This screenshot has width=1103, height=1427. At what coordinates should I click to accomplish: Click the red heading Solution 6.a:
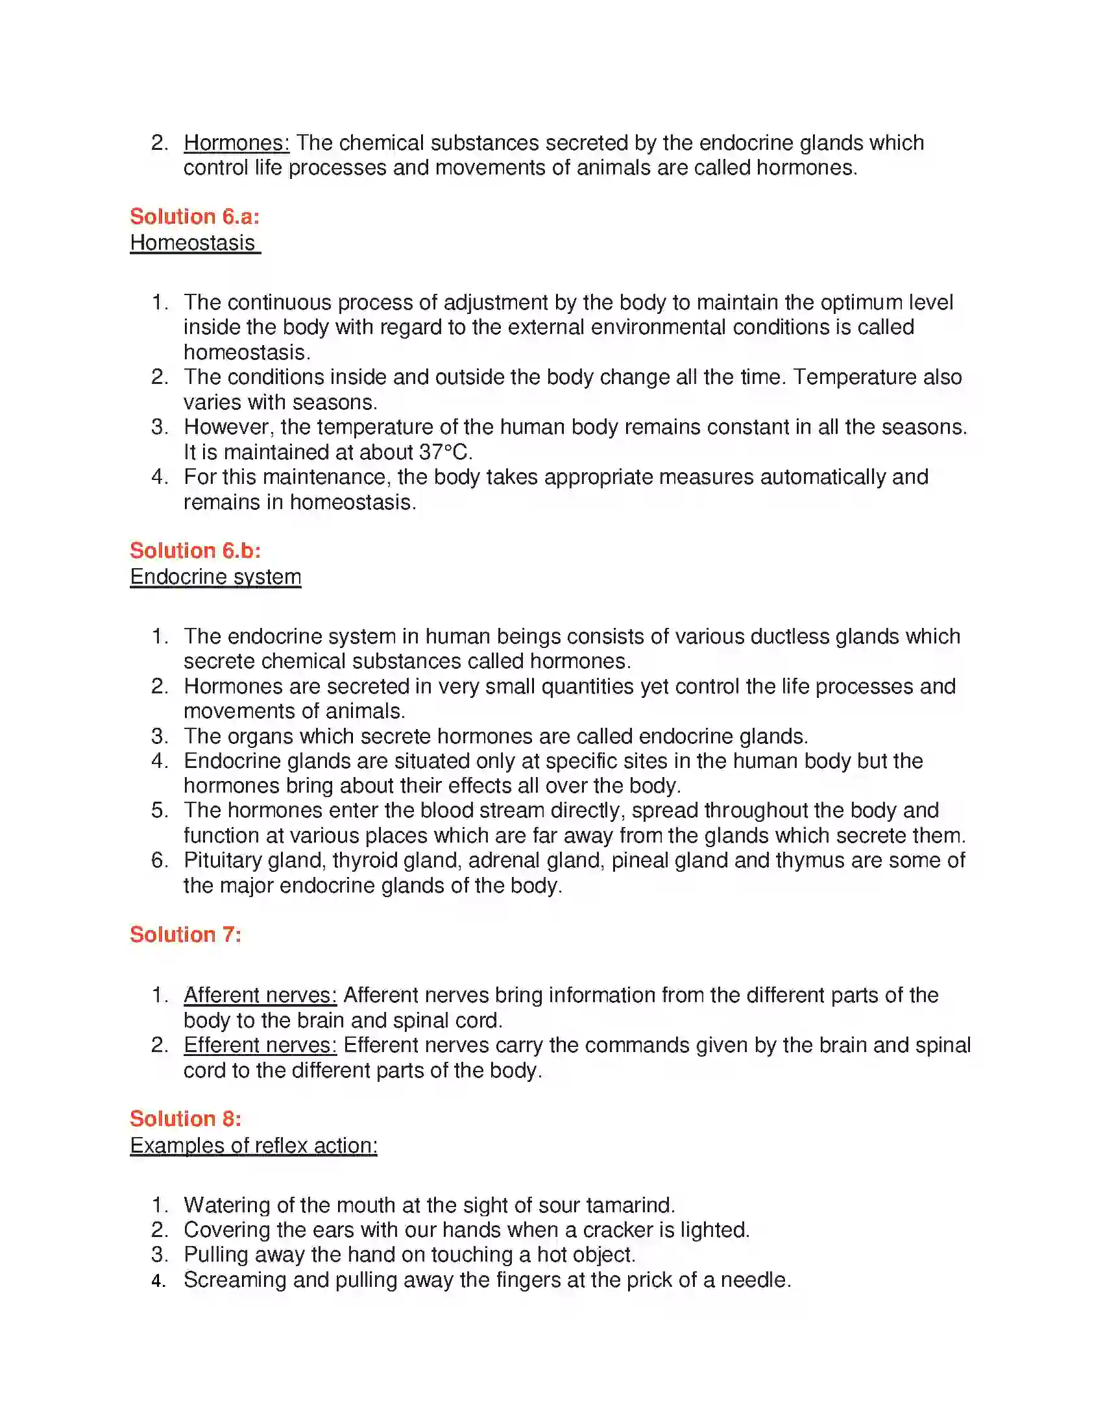coord(194,216)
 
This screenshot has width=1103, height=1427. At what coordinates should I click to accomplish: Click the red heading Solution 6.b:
coord(195,550)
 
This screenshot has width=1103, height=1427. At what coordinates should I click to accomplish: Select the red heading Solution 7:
coord(186,934)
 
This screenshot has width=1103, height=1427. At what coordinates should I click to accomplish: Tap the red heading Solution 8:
coord(186,1119)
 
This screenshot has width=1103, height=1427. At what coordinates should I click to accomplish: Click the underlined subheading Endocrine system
coord(215,577)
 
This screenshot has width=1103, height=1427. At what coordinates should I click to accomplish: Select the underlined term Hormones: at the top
coord(236,143)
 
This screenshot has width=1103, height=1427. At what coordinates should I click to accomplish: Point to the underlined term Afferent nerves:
coord(260,995)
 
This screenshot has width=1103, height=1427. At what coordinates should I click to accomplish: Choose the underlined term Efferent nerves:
coord(260,1046)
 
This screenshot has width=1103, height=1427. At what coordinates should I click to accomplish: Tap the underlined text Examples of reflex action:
coord(254,1145)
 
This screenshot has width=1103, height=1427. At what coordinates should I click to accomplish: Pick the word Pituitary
coord(213,861)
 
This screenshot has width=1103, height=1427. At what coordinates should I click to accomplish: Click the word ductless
coord(790,636)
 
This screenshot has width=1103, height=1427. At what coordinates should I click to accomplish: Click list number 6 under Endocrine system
coord(159,861)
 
